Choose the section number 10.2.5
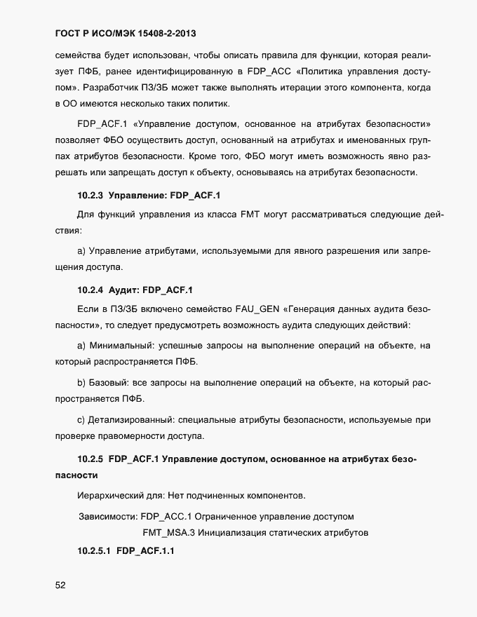(x=90, y=459)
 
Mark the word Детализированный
(x=130, y=420)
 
